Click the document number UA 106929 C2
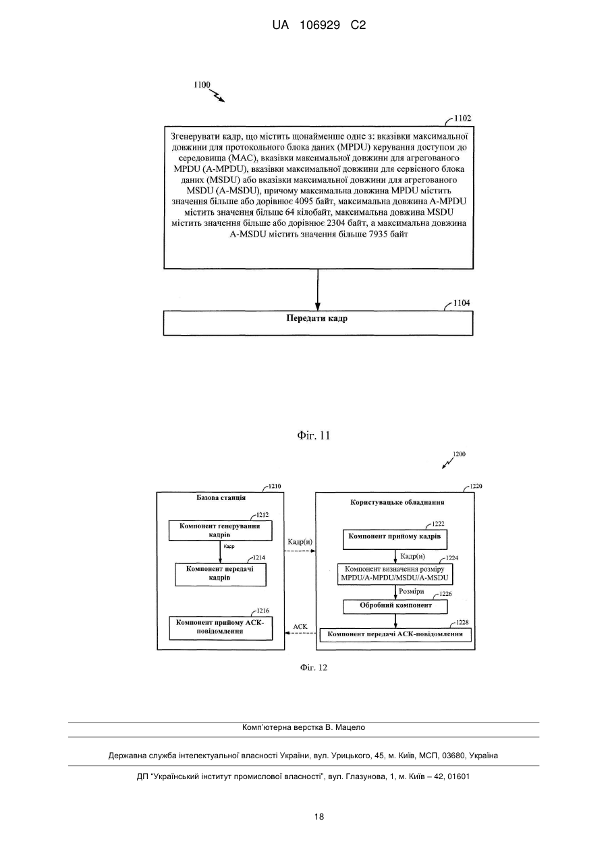click(319, 26)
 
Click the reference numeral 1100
click(202, 85)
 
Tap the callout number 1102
click(462, 119)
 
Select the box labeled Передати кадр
click(318, 323)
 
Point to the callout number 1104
click(462, 303)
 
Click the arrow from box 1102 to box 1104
click(318, 290)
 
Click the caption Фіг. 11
click(313, 435)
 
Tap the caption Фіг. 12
click(313, 668)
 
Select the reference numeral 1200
click(459, 454)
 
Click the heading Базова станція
click(221, 497)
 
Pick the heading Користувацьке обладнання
click(397, 502)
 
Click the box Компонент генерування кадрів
click(220, 530)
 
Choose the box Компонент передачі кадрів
click(221, 574)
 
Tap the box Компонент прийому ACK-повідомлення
click(221, 627)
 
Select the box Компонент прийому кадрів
click(395, 539)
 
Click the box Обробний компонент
click(395, 607)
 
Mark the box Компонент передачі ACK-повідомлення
click(395, 635)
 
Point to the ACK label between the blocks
click(300, 627)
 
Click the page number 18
click(319, 817)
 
